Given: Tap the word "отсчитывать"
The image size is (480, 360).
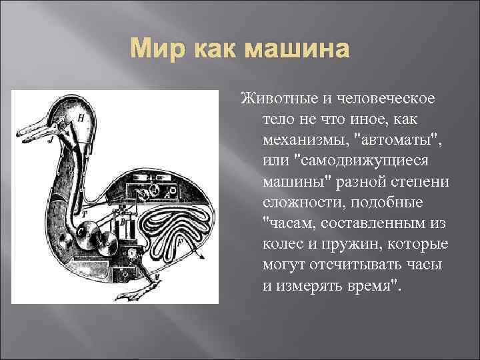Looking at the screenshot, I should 343,265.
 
